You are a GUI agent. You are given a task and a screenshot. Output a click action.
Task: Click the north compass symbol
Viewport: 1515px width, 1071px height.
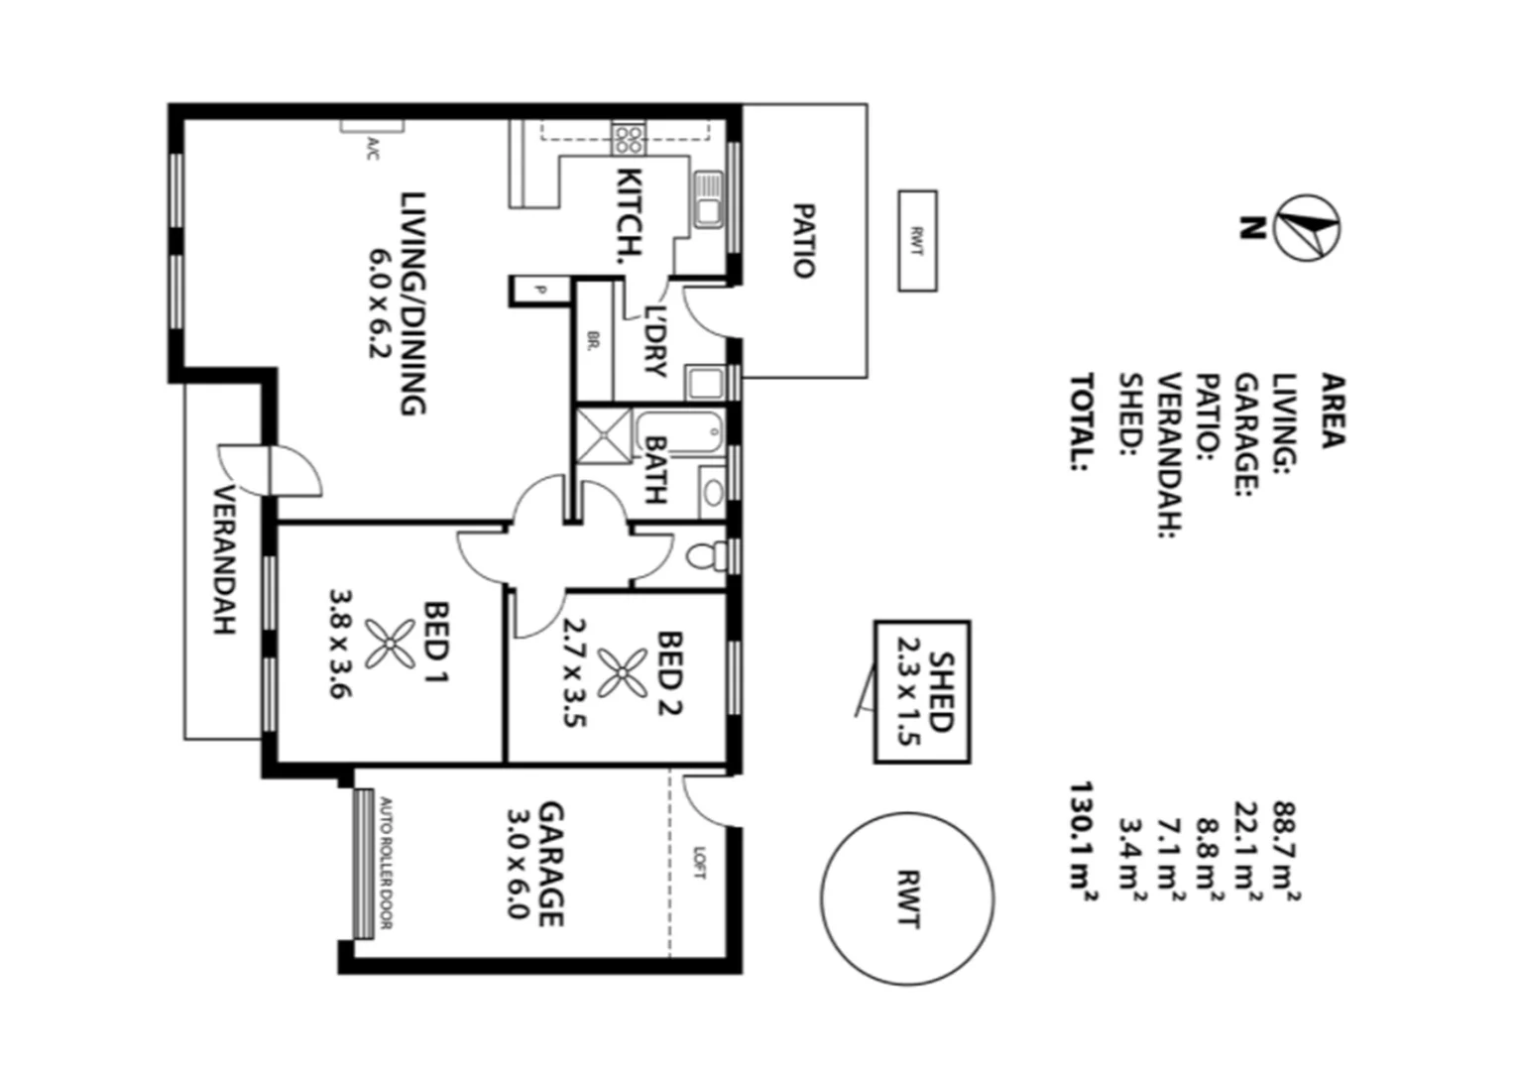[x=1308, y=227]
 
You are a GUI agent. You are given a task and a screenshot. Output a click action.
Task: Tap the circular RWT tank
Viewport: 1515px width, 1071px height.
[x=907, y=898]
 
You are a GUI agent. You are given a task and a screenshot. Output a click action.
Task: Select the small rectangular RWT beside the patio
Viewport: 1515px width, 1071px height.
[x=917, y=241]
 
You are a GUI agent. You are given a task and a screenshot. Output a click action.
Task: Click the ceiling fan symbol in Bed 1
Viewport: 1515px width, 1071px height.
[x=390, y=644]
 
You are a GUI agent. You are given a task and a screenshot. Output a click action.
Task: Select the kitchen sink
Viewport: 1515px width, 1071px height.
[x=708, y=200]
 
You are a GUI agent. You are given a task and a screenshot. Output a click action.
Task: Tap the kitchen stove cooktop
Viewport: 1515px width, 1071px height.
[x=629, y=137]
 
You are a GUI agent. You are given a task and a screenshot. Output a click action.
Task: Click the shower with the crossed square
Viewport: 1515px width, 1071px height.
[x=604, y=434]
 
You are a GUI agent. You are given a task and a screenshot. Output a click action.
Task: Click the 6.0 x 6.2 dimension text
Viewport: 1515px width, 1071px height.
[x=381, y=302]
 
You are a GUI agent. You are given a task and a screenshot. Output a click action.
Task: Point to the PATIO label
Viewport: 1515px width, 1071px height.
[x=804, y=241]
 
